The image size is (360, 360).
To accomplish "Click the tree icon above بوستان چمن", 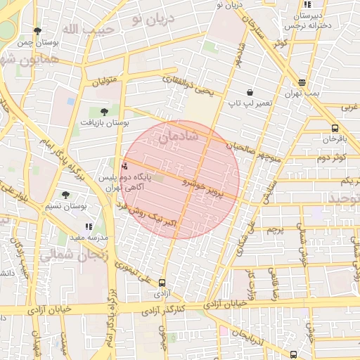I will [37, 31].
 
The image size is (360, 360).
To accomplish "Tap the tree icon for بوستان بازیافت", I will [104, 111].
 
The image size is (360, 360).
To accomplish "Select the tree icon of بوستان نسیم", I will [65, 195].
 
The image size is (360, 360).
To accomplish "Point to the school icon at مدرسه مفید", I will [89, 226].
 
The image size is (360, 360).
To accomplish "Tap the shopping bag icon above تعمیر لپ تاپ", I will [250, 92].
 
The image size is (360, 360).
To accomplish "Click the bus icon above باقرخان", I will [334, 128].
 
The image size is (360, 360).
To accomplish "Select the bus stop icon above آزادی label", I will [162, 283].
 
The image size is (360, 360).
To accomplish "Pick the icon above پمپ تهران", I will [302, 82].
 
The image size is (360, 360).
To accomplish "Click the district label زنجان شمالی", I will [74, 253].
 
